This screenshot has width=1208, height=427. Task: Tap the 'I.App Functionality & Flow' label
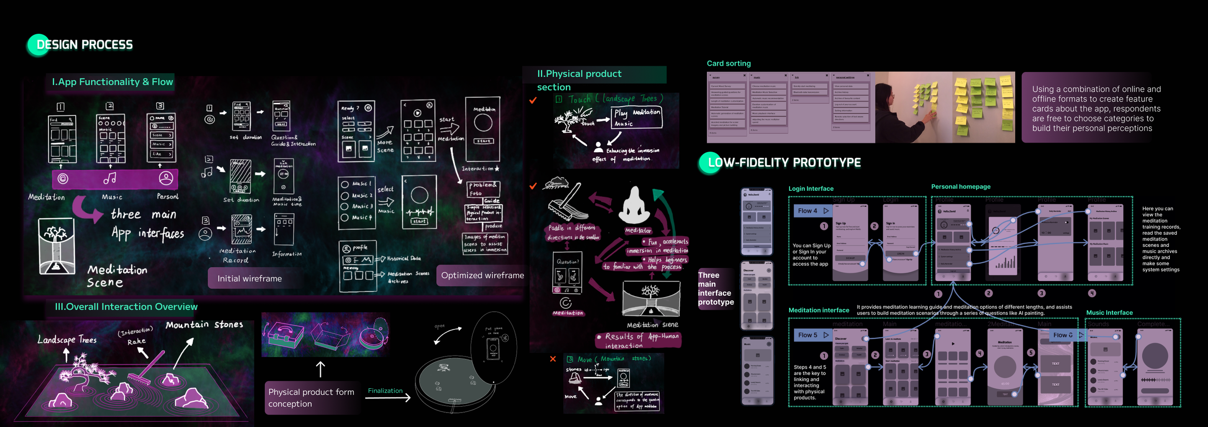112,82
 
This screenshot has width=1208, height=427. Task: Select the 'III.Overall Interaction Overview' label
126,307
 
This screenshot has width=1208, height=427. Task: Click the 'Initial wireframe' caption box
249,279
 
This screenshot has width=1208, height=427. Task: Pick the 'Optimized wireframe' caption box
482,275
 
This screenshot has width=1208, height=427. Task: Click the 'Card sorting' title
729,63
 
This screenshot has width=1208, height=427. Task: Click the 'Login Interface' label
811,189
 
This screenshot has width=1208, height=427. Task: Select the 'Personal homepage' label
961,186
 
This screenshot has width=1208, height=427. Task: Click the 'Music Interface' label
1109,313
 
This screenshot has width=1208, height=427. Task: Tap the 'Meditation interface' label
819,310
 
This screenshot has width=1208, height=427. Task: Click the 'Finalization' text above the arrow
385,391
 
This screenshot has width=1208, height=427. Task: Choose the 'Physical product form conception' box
312,398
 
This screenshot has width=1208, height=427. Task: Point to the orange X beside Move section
553,359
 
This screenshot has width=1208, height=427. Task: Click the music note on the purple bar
110,178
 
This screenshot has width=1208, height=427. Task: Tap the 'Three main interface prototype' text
715,288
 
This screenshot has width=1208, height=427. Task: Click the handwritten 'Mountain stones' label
204,325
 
